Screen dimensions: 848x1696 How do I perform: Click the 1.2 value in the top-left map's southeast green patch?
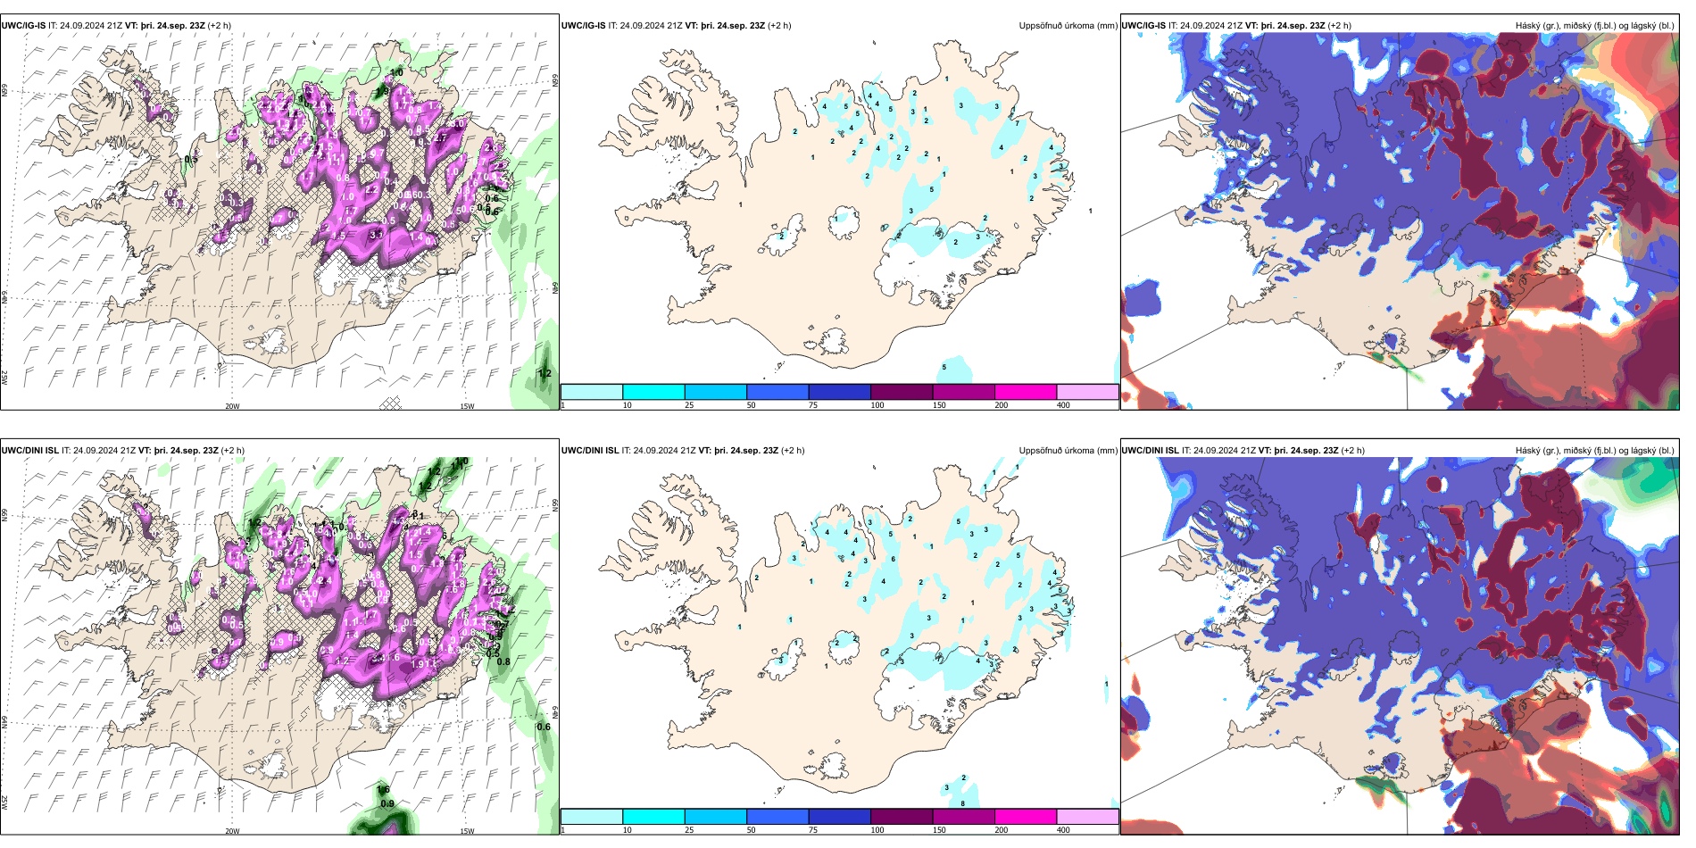[x=545, y=374]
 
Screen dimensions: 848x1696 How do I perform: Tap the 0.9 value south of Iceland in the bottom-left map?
[x=387, y=804]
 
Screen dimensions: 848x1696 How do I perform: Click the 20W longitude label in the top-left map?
[x=232, y=406]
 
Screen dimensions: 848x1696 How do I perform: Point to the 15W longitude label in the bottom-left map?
[x=467, y=831]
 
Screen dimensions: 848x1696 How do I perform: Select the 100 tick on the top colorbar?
[x=877, y=405]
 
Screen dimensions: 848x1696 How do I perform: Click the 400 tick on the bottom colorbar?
[x=1063, y=830]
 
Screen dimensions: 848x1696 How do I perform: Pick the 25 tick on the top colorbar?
[x=689, y=405]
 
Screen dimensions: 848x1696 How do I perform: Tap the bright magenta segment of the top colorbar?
[x=1025, y=392]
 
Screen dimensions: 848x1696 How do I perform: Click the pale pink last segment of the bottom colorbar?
[x=1087, y=817]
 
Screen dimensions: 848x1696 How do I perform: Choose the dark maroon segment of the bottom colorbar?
[x=902, y=817]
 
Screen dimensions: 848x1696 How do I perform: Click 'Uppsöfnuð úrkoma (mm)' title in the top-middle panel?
[x=1068, y=26]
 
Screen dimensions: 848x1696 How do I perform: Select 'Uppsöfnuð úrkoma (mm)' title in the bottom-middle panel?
[x=1068, y=451]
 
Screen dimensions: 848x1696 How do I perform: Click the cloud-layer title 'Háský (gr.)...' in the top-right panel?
[x=1594, y=26]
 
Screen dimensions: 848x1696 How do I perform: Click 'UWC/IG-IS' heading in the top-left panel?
[x=23, y=26]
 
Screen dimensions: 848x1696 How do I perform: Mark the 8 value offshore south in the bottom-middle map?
[x=962, y=804]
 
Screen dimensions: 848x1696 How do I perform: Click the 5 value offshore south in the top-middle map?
[x=944, y=368]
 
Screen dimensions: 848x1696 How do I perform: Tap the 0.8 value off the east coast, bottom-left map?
[x=503, y=662]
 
